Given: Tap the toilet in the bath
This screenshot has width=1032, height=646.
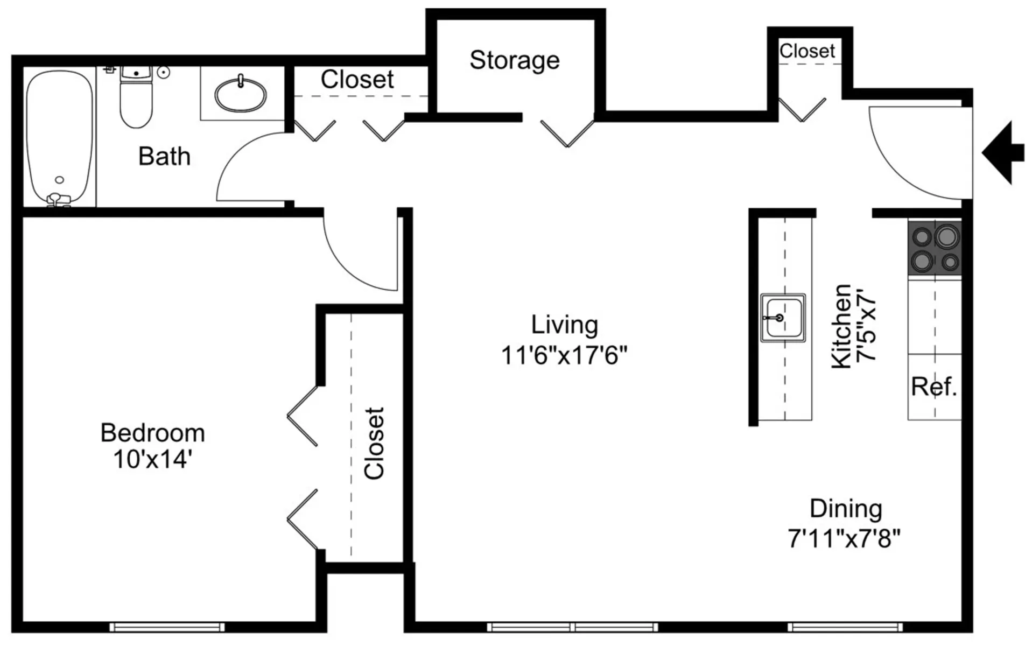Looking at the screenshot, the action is pyautogui.click(x=136, y=97).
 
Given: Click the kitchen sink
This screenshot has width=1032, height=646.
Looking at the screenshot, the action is pyautogui.click(x=783, y=318).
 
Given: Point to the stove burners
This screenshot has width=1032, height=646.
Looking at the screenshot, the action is pyautogui.click(x=935, y=249).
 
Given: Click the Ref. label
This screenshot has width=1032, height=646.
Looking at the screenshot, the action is pyautogui.click(x=934, y=387).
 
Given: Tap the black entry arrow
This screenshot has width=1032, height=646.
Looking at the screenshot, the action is pyautogui.click(x=1003, y=153).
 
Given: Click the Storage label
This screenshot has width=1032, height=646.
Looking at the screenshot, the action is pyautogui.click(x=515, y=60).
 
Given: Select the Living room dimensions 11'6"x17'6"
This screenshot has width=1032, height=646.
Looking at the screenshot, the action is pyautogui.click(x=564, y=355).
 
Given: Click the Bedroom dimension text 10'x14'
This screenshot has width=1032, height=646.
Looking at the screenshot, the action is pyautogui.click(x=153, y=460).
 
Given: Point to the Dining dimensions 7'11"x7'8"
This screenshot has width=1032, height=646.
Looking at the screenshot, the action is pyautogui.click(x=844, y=538).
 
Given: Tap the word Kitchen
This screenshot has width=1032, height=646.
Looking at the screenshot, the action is pyautogui.click(x=841, y=326).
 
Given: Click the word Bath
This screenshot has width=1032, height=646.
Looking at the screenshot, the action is pyautogui.click(x=164, y=157).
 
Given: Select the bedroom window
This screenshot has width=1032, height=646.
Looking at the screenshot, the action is pyautogui.click(x=167, y=627).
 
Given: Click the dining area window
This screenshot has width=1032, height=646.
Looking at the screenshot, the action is pyautogui.click(x=845, y=627).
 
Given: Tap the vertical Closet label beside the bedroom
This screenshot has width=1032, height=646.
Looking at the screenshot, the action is pyautogui.click(x=374, y=443).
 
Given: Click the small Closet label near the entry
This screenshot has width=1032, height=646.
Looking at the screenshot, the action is pyautogui.click(x=808, y=51).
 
